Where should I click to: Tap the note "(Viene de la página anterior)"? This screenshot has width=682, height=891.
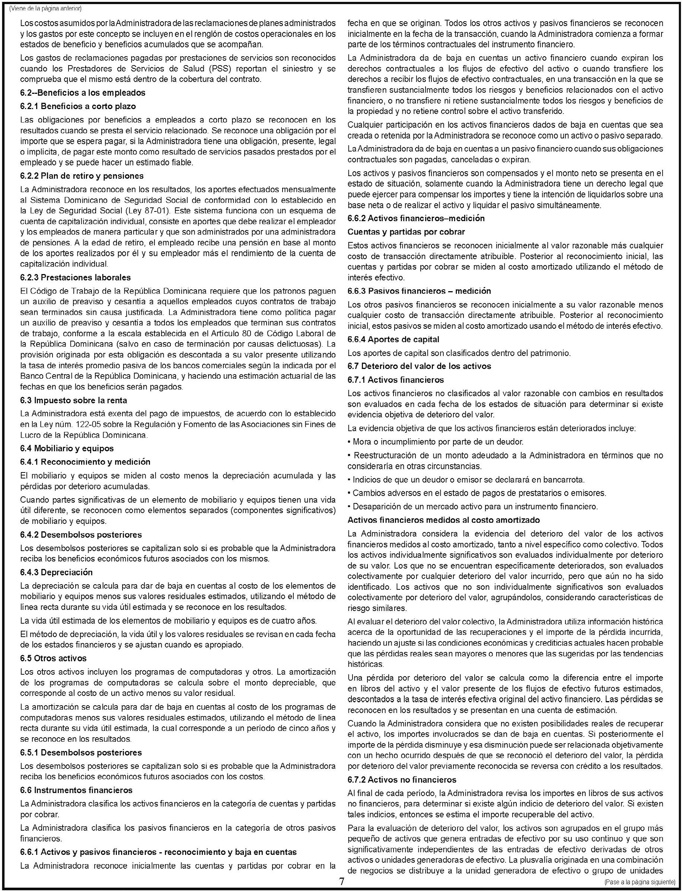click(45, 8)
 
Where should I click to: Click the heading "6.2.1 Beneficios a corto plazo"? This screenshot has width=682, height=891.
click(78, 106)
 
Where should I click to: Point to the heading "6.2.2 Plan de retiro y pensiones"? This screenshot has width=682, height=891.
click(82, 176)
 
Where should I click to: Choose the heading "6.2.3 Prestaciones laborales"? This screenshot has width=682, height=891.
click(76, 278)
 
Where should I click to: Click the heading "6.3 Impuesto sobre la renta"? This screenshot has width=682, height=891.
click(73, 400)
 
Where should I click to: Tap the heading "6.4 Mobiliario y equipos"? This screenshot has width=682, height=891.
click(67, 448)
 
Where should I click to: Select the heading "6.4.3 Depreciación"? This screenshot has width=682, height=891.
click(57, 572)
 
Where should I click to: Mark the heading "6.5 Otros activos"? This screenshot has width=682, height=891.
click(53, 658)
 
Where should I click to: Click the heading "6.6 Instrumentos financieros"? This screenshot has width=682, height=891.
click(76, 790)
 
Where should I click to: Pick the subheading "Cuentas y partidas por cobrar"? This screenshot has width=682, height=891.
click(406, 232)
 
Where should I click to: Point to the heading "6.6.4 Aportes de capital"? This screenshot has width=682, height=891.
click(393, 339)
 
